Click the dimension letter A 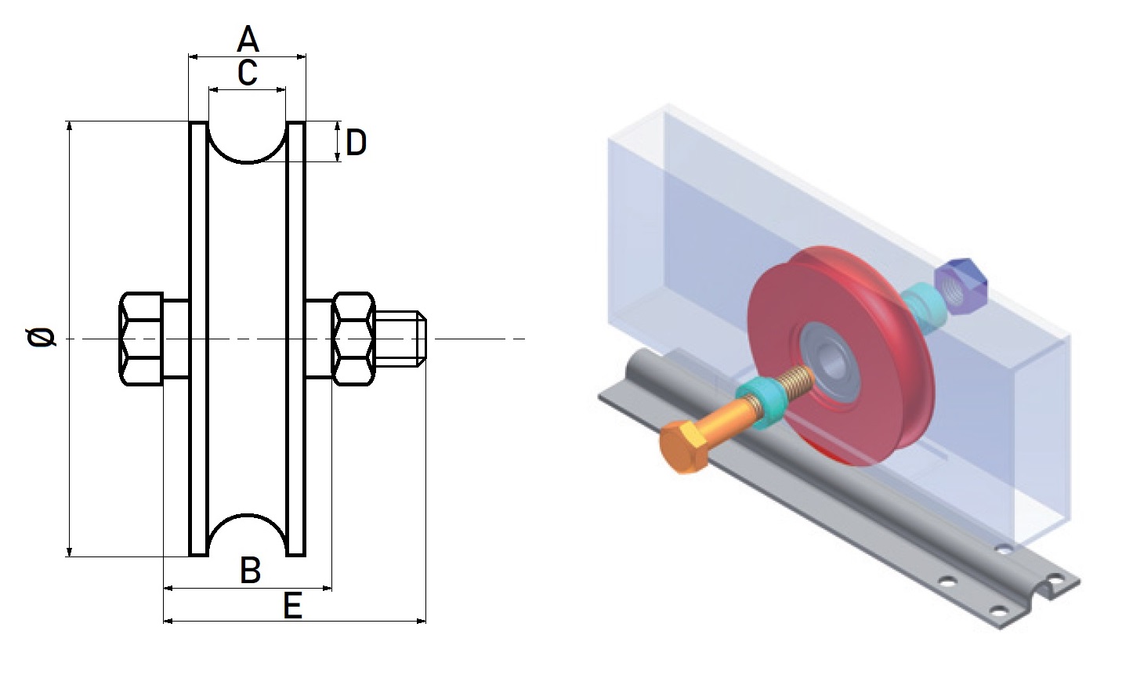248,38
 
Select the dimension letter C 247,73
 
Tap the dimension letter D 356,143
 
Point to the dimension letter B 250,571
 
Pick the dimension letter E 292,606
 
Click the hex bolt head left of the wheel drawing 141,339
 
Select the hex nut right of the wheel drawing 353,339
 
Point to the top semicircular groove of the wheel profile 248,141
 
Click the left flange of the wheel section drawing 199,339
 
